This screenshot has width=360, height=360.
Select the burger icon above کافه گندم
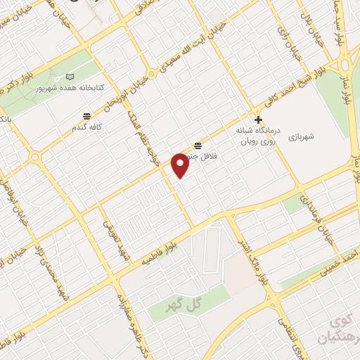[x=86, y=116]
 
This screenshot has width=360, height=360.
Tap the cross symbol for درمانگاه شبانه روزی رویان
[x=259, y=120]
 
